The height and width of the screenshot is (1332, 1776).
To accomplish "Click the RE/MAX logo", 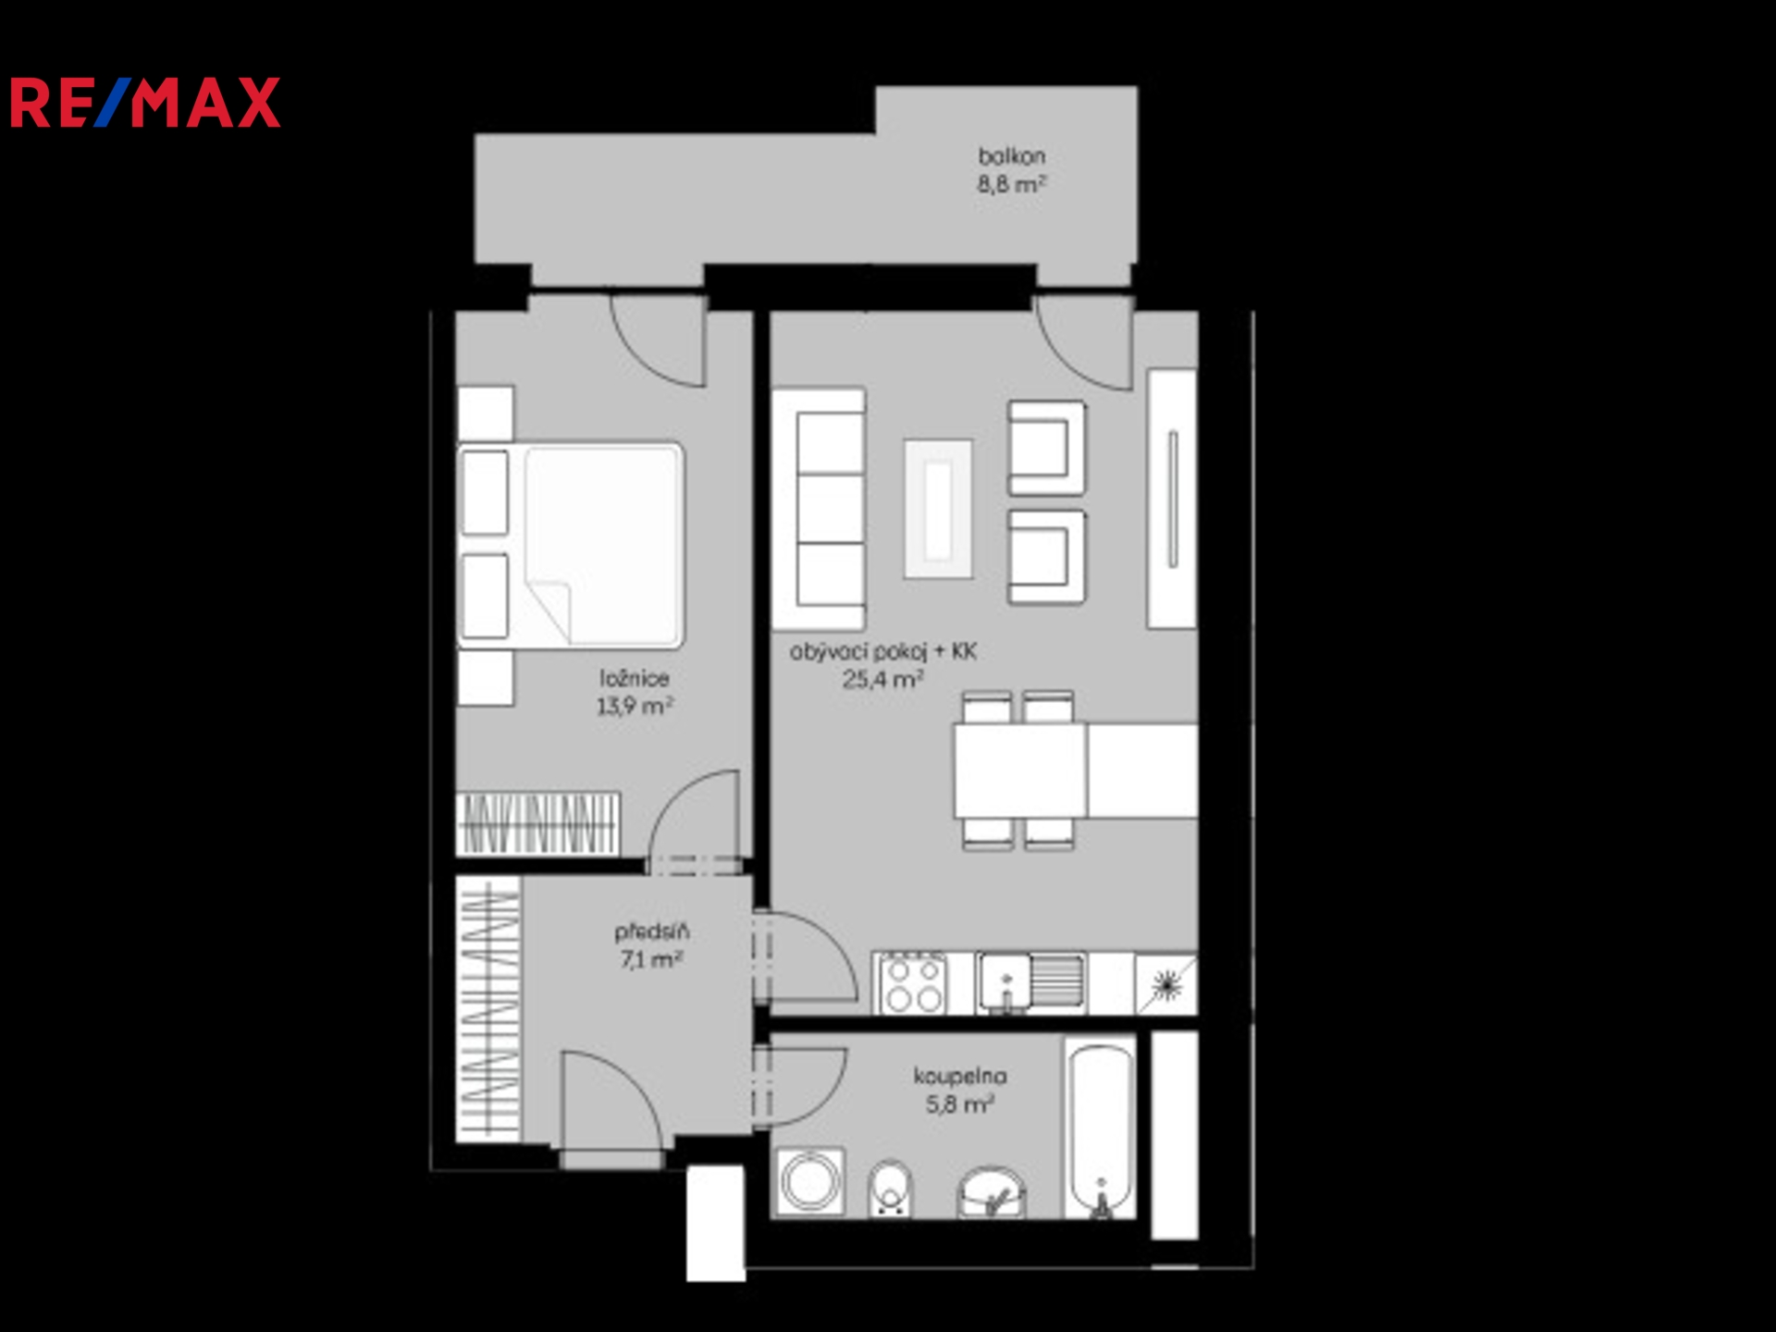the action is point(144,103).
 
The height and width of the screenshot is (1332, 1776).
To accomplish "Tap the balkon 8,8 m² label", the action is point(1012,170).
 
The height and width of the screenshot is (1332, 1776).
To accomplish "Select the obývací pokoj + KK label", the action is point(883,665).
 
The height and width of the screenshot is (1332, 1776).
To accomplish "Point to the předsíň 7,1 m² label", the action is point(652,945).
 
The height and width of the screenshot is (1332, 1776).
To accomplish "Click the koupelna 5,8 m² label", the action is point(960,1090).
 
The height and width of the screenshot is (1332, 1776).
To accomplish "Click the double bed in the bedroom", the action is point(571,545).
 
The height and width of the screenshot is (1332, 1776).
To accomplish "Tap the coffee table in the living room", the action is point(938,509).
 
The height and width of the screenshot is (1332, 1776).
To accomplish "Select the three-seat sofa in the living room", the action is point(820,509).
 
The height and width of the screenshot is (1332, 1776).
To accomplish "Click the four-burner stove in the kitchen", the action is point(911,983).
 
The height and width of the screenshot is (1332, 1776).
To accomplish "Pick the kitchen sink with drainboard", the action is point(1030,983).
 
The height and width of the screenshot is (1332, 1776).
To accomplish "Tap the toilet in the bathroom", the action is point(890,1190).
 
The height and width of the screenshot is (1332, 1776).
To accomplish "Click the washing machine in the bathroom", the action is point(811,1182).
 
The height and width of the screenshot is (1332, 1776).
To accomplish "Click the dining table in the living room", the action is point(1020,771).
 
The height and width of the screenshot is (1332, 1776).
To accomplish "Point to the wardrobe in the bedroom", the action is point(538,823).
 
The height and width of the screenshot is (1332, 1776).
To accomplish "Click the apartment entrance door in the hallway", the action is point(611,1101).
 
